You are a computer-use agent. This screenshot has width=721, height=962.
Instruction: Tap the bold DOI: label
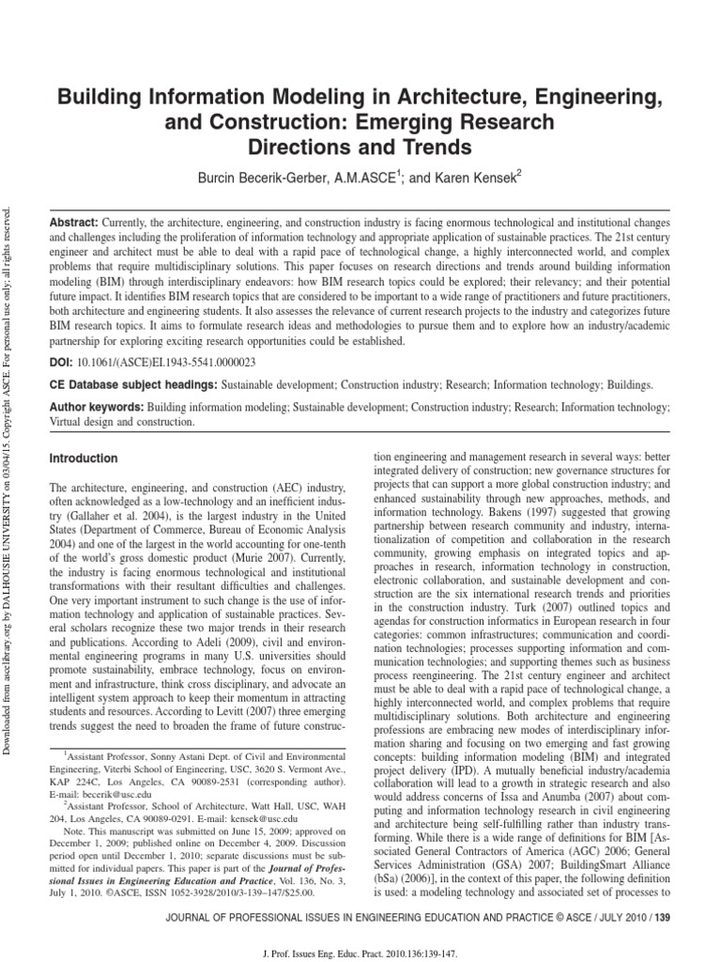[62, 360]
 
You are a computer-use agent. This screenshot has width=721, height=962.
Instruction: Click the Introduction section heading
[83, 458]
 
